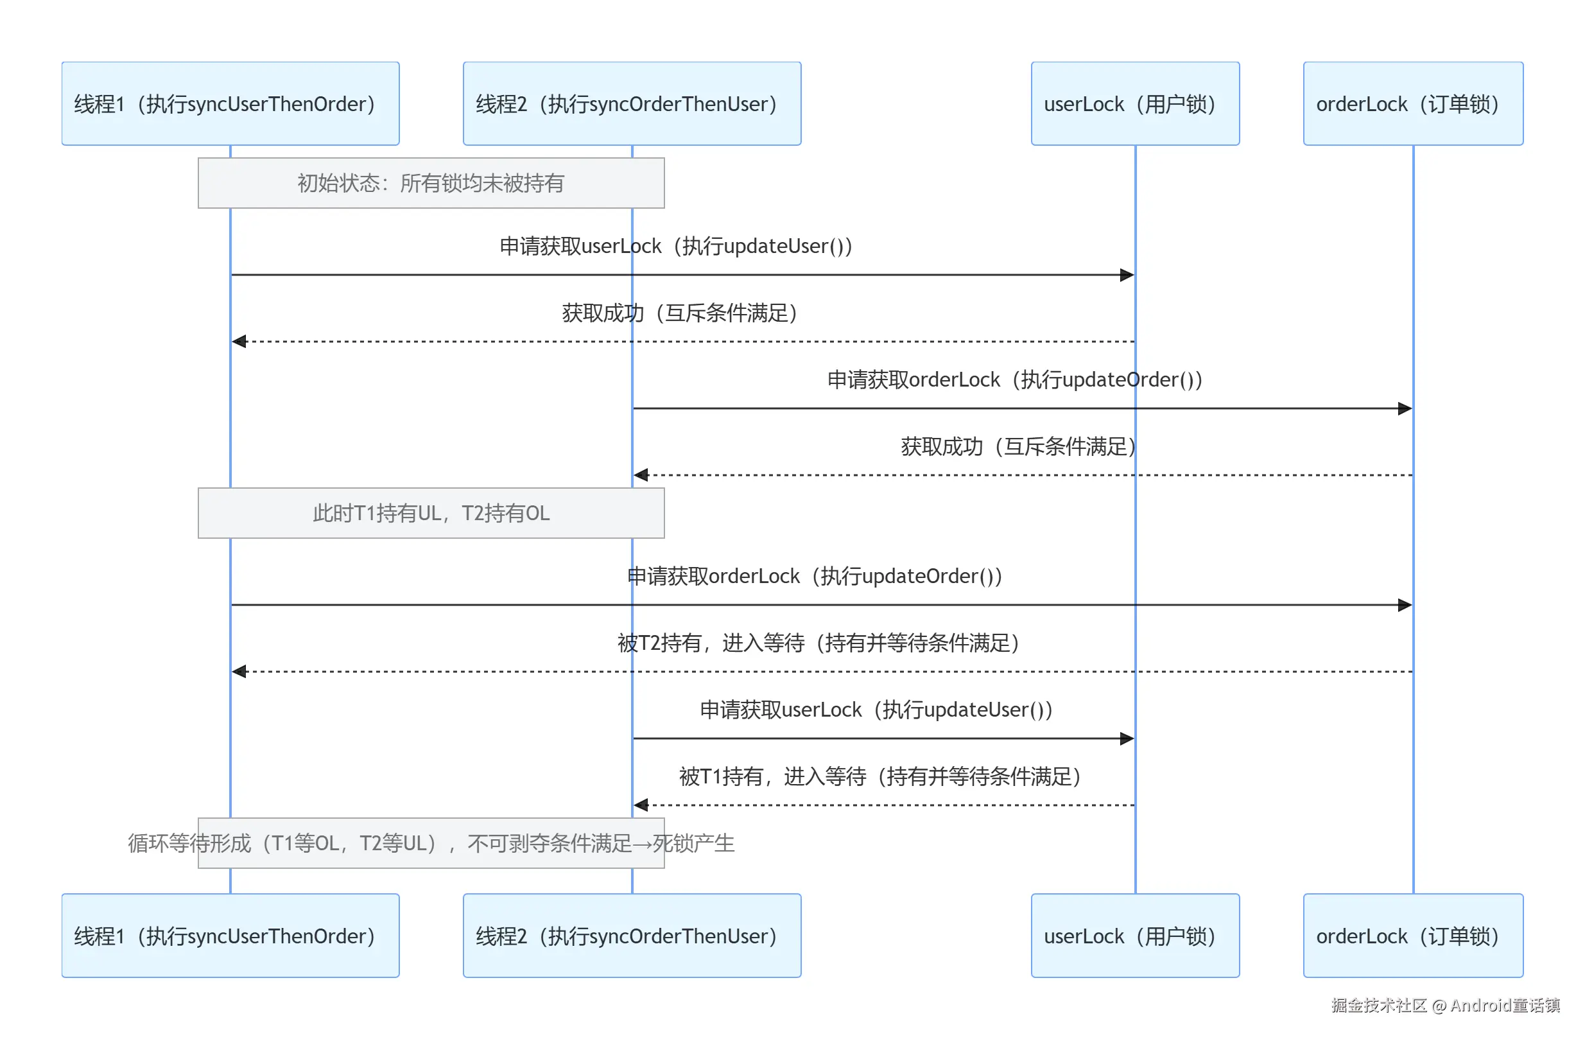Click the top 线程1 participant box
point(230,104)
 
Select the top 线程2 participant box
point(632,104)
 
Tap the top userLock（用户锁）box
point(1136,104)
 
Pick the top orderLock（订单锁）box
point(1413,104)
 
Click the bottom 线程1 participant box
point(230,936)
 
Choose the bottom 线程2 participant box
point(632,936)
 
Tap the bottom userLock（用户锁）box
point(1136,936)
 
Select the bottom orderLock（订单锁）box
point(1413,936)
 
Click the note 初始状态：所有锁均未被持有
point(431,183)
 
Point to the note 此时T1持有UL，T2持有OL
point(431,513)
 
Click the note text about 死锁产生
point(431,843)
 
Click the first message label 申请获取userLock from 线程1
point(676,247)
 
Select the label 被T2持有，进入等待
point(819,643)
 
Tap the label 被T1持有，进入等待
point(880,776)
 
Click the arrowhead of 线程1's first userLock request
point(1127,275)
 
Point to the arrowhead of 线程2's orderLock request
point(1405,408)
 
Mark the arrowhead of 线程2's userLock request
point(1127,738)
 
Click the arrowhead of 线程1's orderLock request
point(1405,605)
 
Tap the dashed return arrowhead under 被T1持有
point(641,805)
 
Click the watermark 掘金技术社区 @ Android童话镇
point(1445,1005)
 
